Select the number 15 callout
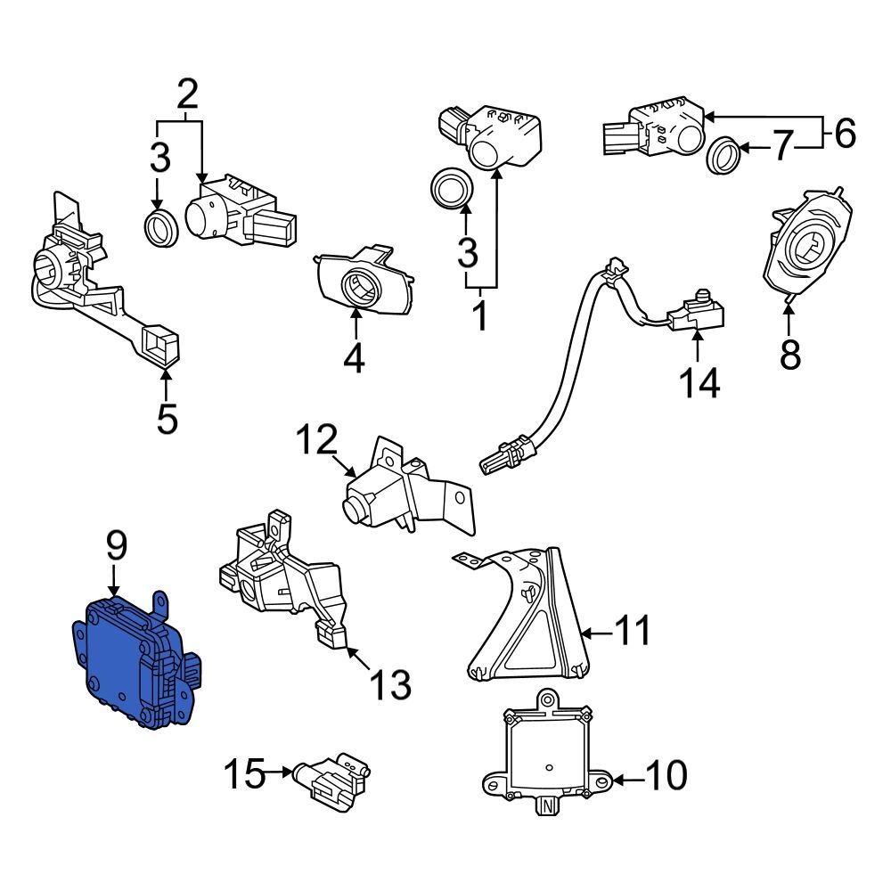(243, 774)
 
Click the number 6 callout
(843, 134)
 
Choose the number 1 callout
(479, 315)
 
